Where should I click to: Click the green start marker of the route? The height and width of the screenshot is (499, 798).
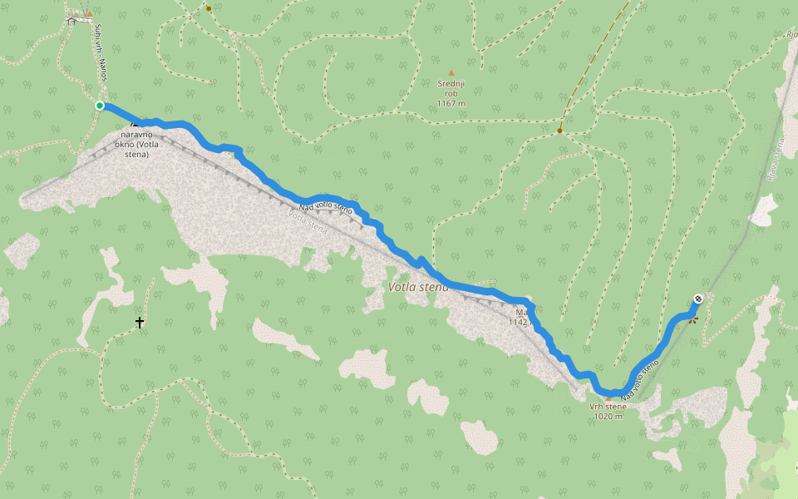[100, 106]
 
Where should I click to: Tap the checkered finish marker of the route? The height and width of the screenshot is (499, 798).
[698, 299]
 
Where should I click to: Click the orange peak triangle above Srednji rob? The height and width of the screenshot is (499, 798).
[451, 73]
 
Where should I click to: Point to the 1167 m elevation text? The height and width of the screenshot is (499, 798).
[451, 104]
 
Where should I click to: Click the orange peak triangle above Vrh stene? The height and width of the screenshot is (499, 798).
[608, 398]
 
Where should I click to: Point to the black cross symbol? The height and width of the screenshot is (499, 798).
[140, 322]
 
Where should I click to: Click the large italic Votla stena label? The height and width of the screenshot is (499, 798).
[418, 287]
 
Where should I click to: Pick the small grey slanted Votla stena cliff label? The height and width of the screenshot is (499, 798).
[307, 220]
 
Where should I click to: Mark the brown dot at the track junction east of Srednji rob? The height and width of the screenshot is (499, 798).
[560, 131]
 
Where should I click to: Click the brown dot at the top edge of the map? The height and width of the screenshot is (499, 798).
[209, 9]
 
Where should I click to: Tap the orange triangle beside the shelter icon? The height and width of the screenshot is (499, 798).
[89, 14]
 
